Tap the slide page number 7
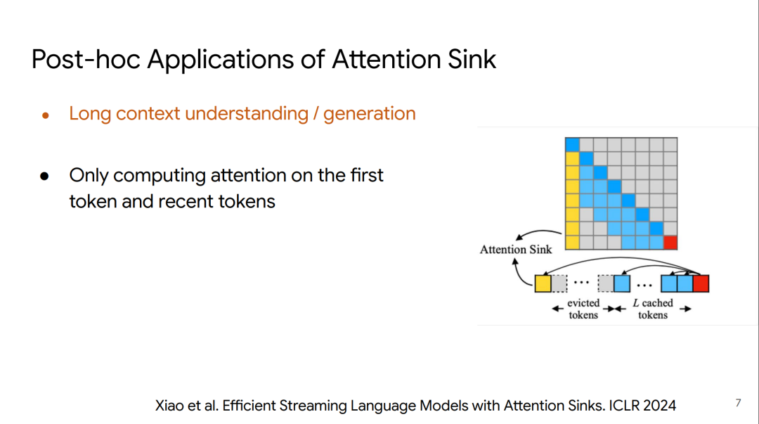pos(738,403)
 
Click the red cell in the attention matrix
pos(670,243)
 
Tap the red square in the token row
pos(701,283)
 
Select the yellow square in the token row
pos(543,283)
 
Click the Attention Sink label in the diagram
pos(516,249)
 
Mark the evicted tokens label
pos(583,309)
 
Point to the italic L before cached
pos(636,303)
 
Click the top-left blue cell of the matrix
pos(572,144)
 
